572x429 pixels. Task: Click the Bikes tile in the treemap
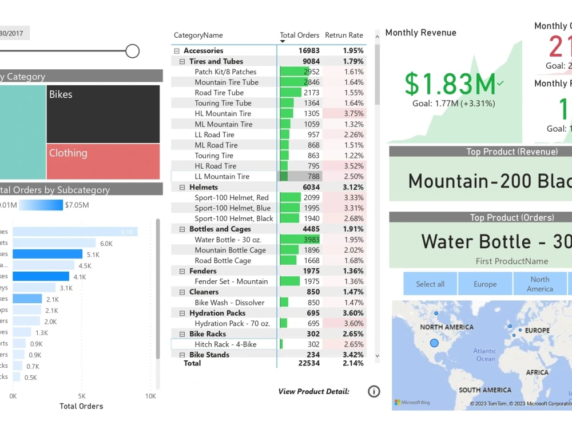pos(103,114)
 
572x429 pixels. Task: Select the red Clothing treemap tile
pos(103,161)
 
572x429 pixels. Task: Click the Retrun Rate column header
pos(344,35)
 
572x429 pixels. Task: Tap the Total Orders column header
pos(299,35)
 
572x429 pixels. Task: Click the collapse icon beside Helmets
pos(182,187)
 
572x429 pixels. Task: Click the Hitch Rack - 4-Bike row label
pos(225,344)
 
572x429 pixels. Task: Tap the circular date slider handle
pos(132,51)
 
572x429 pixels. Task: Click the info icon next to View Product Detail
pos(374,391)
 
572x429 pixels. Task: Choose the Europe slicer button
pos(484,284)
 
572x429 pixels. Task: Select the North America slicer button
pos(539,284)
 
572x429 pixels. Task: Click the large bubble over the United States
pos(434,343)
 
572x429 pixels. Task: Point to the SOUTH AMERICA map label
pos(484,390)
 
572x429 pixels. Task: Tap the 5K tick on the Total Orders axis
pos(82,396)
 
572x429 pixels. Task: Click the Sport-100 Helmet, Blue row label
pos(232,208)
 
